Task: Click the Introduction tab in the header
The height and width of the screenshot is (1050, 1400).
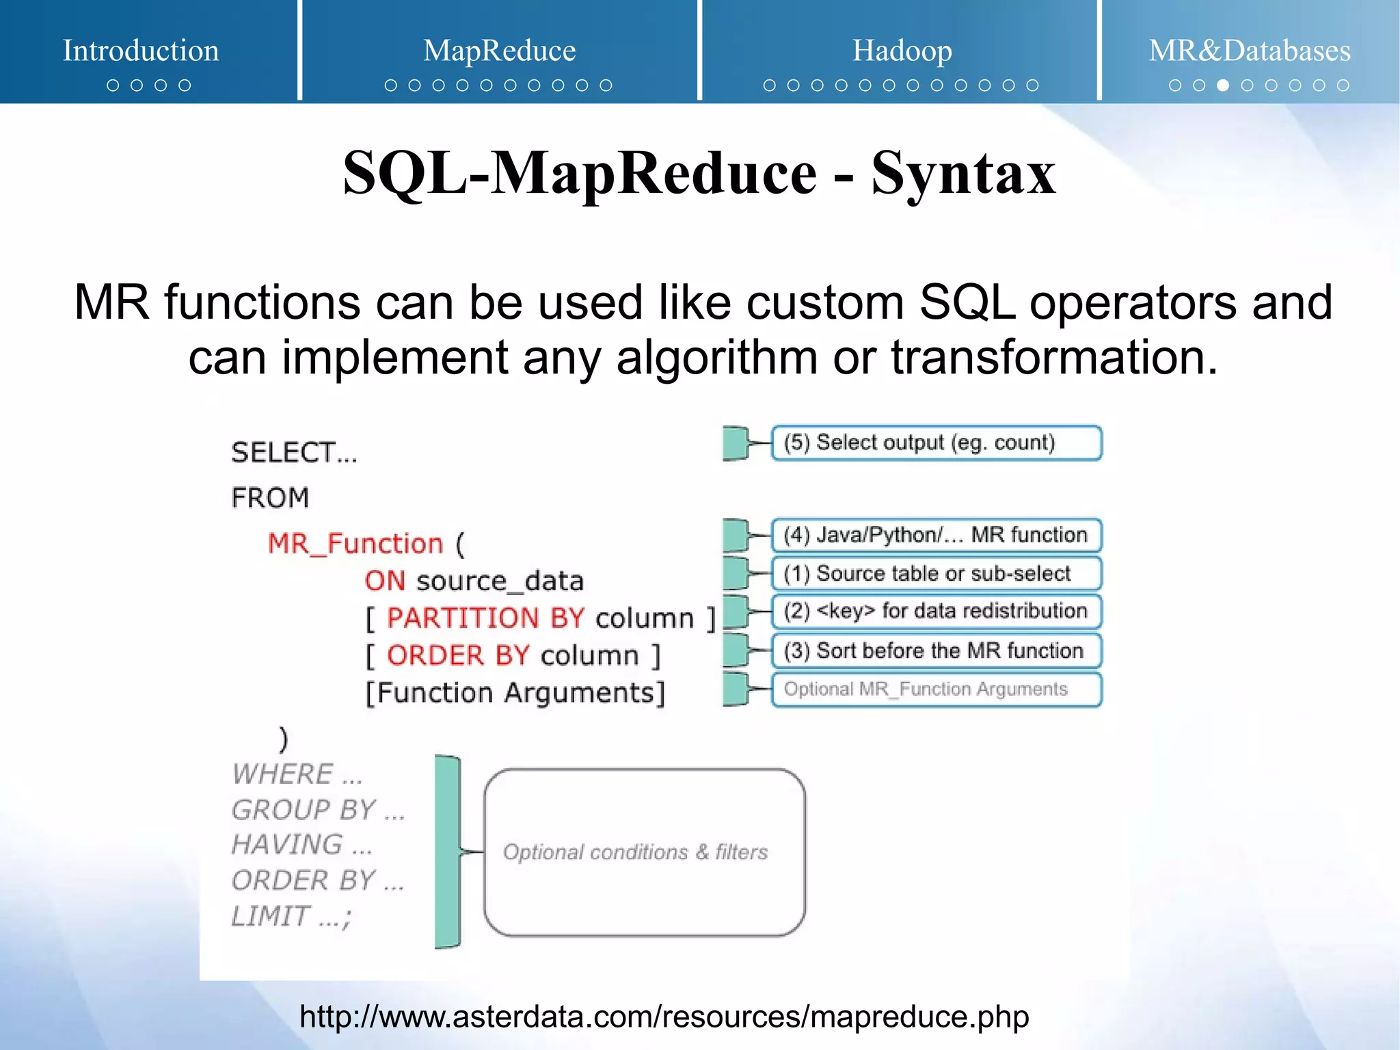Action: coord(141,51)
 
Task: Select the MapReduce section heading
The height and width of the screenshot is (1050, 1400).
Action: coord(499,51)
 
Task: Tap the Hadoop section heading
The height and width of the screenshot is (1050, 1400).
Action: coord(902,51)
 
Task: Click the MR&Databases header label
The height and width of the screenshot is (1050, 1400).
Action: coord(1249,51)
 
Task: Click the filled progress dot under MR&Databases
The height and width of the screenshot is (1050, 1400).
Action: coord(1223,86)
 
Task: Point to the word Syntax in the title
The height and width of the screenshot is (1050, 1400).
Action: coord(963,174)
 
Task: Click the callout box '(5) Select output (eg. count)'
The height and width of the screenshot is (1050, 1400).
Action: coord(936,443)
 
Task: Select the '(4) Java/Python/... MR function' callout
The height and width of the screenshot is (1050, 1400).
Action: coord(936,535)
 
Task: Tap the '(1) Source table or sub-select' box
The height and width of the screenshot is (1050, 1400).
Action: coord(936,573)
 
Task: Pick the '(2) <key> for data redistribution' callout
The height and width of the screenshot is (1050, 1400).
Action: coord(936,611)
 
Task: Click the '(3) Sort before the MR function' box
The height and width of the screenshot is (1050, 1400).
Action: coord(936,650)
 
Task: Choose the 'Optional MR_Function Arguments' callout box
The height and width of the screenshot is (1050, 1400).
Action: coord(936,689)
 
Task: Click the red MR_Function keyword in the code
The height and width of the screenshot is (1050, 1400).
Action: coord(355,544)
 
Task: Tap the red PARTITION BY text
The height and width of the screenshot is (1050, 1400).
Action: coord(485,618)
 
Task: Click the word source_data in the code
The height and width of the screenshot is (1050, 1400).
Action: coord(500,581)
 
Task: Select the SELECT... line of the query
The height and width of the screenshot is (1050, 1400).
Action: coord(294,453)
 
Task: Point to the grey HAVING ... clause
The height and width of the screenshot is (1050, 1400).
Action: coord(301,845)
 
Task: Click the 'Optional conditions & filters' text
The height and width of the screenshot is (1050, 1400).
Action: coord(635,852)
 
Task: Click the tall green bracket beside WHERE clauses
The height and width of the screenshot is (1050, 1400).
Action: coord(448,852)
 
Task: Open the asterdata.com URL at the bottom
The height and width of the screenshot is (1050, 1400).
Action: coord(664,1016)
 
